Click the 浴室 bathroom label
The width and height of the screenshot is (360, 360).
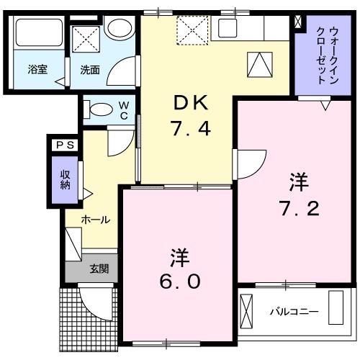pyautogui.click(x=37, y=71)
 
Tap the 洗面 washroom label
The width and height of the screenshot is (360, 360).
pyautogui.click(x=89, y=71)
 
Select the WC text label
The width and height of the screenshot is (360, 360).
pyautogui.click(x=123, y=109)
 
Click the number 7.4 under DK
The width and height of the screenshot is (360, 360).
pyautogui.click(x=190, y=130)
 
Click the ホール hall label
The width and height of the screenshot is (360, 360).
pyautogui.click(x=95, y=220)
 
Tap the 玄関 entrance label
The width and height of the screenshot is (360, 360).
pyautogui.click(x=99, y=271)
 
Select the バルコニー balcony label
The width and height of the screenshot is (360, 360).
pyautogui.click(x=294, y=312)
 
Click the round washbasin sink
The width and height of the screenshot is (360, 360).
pyautogui.click(x=118, y=27)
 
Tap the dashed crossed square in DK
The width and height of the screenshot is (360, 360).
pyautogui.click(x=192, y=30)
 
